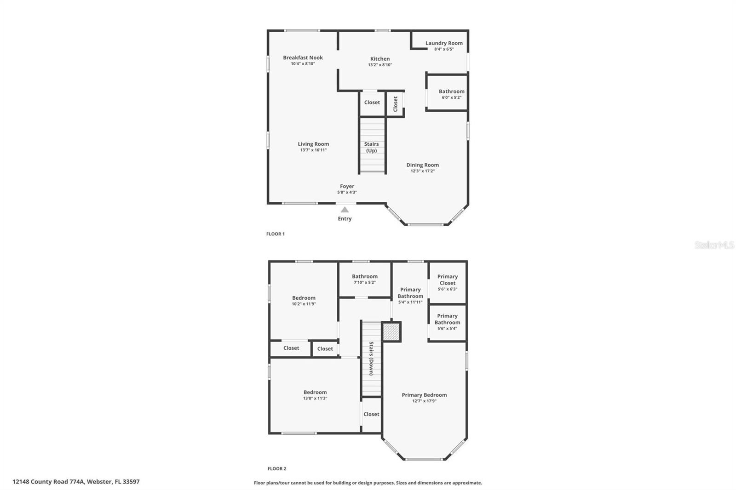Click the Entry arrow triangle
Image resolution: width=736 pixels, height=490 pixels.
(345, 210)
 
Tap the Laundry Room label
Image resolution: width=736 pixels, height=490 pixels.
(444, 43)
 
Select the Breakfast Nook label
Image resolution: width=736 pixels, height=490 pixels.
(303, 57)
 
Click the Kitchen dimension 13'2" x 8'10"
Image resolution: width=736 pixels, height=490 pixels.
(380, 65)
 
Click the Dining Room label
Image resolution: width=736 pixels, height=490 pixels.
(422, 165)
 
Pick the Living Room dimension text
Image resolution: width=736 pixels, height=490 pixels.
(313, 150)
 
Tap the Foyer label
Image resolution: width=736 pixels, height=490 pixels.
(347, 186)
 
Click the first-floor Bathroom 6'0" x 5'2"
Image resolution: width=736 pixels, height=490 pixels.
(451, 94)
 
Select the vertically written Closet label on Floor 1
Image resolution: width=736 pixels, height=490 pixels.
(395, 104)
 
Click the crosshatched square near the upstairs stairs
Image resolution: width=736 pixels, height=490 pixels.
(391, 331)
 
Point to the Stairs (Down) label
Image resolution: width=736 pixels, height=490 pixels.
(371, 359)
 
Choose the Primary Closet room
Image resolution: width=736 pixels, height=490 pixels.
(448, 282)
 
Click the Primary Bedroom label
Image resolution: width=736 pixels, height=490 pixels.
(424, 395)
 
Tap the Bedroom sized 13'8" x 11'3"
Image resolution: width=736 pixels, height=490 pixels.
(315, 395)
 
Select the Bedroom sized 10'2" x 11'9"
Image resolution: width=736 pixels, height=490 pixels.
(304, 300)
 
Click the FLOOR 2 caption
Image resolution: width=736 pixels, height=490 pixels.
(277, 469)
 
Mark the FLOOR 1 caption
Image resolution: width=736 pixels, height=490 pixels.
(276, 234)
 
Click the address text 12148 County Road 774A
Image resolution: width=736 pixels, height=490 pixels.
(76, 482)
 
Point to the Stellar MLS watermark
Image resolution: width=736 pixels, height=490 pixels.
(714, 245)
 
